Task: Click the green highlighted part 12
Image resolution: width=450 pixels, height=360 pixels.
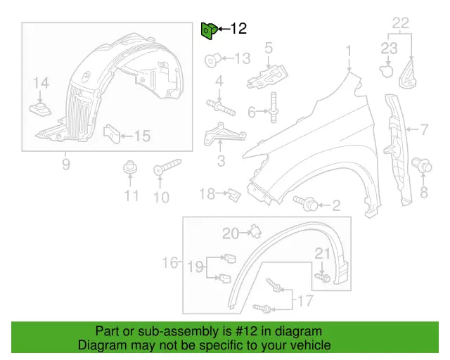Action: click(208, 30)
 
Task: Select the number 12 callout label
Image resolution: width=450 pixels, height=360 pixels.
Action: click(238, 29)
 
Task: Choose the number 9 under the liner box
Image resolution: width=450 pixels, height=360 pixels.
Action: click(65, 165)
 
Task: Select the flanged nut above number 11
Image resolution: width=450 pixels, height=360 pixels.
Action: click(129, 169)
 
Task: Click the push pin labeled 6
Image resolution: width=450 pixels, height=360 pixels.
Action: click(273, 112)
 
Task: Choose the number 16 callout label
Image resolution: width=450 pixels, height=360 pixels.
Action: click(169, 262)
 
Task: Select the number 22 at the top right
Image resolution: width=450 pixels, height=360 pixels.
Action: click(400, 23)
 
